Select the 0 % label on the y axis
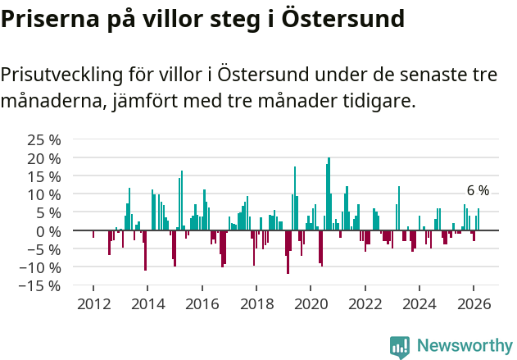(48, 231)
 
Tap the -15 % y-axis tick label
(43, 285)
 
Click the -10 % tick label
(43, 267)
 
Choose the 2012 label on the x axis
(93, 303)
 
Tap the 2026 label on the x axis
(474, 303)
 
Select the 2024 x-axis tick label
(420, 303)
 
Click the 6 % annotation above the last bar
(478, 191)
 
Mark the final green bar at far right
(478, 219)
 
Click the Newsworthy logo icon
(400, 346)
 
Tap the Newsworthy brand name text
(465, 346)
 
